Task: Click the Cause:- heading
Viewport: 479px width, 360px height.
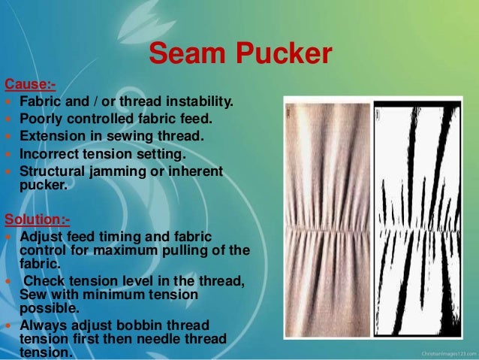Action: tap(30, 83)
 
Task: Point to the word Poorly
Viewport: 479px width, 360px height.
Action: tap(41, 119)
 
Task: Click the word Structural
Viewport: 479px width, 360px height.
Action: tap(53, 171)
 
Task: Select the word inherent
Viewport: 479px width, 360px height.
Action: tap(195, 171)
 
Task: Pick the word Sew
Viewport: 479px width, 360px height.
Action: tap(32, 294)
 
